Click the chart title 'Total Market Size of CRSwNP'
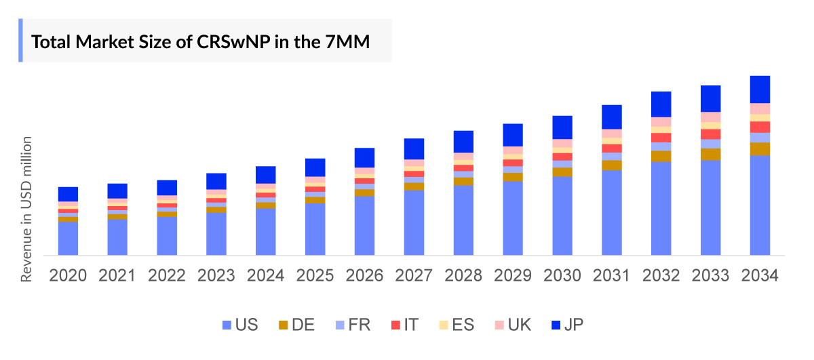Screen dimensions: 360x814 (x=201, y=41)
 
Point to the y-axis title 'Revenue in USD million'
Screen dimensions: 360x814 (x=27, y=209)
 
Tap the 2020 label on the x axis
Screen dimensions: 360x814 (x=68, y=276)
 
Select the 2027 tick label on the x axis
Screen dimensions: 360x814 (x=414, y=276)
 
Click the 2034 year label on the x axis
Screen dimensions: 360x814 (x=760, y=276)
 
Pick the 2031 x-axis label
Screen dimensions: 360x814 (x=611, y=276)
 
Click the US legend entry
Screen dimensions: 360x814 (x=239, y=325)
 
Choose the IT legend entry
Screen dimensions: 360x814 (x=405, y=325)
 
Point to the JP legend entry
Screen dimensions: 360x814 (x=568, y=325)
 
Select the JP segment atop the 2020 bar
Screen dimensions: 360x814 (x=68, y=194)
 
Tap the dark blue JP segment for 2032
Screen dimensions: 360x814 (x=661, y=104)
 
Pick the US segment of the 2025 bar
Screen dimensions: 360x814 (x=315, y=229)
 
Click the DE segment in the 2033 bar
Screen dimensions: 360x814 (x=710, y=154)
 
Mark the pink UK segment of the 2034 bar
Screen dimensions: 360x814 (x=760, y=108)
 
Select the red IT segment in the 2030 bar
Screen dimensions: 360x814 (x=562, y=157)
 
